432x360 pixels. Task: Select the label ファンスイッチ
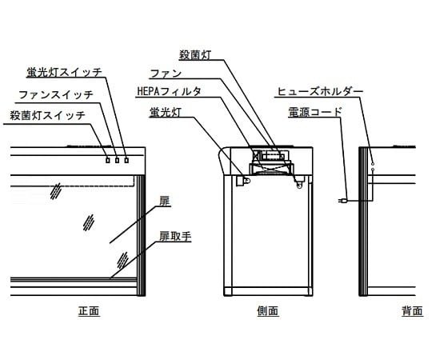(x=55, y=94)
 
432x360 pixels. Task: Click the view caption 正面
(x=89, y=310)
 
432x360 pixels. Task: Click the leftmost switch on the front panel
(x=107, y=160)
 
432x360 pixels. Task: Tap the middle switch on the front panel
(x=117, y=160)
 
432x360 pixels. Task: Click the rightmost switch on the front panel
(x=126, y=160)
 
